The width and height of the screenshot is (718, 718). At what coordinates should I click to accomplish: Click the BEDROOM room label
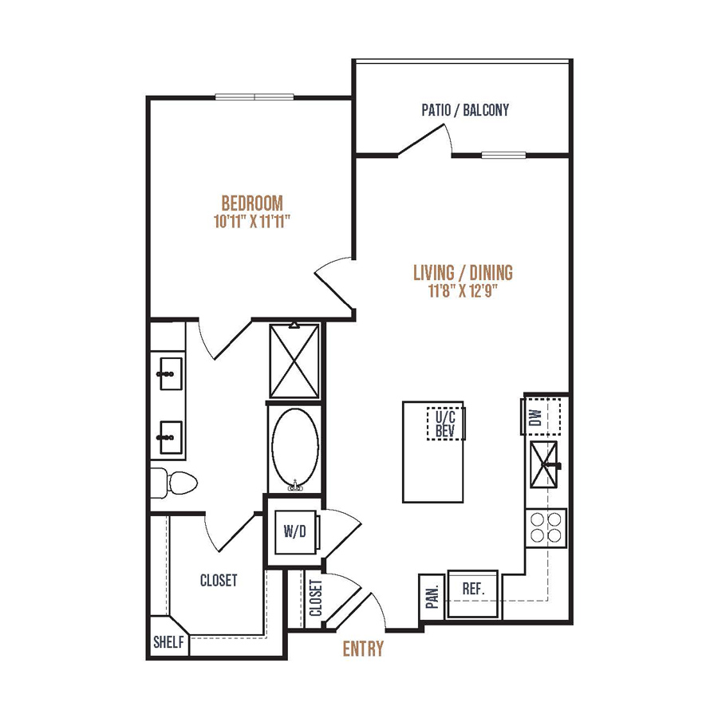(x=252, y=203)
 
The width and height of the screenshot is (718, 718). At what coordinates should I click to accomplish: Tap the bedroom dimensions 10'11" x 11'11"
(x=252, y=222)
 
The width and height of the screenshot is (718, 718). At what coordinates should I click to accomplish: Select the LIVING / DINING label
(x=463, y=273)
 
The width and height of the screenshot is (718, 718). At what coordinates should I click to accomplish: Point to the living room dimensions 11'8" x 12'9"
(x=463, y=290)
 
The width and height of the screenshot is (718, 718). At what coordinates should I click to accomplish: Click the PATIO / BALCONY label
(x=465, y=110)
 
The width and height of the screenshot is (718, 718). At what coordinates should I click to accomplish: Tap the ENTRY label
(x=363, y=649)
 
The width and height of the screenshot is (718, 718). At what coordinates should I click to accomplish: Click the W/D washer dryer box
(x=295, y=531)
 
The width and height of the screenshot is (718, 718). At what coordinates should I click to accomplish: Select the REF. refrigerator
(x=473, y=594)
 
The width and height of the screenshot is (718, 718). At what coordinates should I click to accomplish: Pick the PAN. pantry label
(x=432, y=597)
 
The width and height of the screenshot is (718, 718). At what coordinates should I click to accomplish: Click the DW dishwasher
(x=541, y=416)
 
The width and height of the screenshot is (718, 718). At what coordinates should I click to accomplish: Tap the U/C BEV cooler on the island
(x=445, y=424)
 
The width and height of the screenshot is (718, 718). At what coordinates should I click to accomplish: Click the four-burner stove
(x=546, y=527)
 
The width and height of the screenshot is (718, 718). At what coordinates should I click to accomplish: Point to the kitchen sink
(x=544, y=464)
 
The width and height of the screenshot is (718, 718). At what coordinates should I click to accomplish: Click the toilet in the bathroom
(x=175, y=483)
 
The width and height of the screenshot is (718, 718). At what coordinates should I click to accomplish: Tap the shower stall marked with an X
(x=294, y=361)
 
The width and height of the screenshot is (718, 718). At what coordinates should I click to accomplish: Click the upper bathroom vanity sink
(x=171, y=373)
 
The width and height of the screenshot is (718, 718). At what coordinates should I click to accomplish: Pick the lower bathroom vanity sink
(x=171, y=437)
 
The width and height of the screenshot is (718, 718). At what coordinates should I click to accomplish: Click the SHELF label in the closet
(x=168, y=642)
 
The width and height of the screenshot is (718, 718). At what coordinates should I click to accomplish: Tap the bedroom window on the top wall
(x=254, y=97)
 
